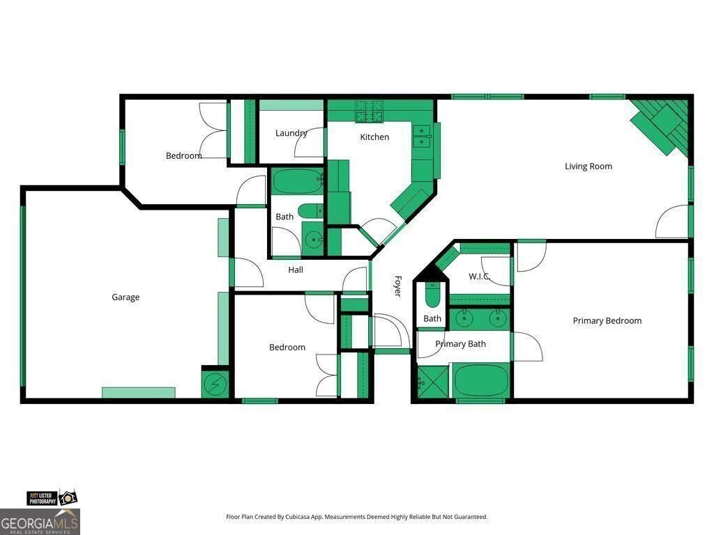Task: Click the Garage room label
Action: (x=126, y=297)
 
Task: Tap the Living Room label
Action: (x=588, y=166)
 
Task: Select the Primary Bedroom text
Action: (x=607, y=320)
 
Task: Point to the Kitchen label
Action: (x=374, y=137)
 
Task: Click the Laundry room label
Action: (x=291, y=133)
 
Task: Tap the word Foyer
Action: (x=397, y=286)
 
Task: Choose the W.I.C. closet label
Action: (x=479, y=276)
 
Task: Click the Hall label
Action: (x=296, y=270)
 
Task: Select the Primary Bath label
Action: (x=460, y=344)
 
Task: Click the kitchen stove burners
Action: (x=369, y=111)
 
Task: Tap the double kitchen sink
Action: (x=422, y=137)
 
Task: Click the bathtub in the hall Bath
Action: (x=297, y=181)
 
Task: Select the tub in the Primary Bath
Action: (x=481, y=380)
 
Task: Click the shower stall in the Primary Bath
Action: (x=432, y=381)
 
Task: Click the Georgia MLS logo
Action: (x=40, y=522)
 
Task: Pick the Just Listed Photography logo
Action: (x=52, y=498)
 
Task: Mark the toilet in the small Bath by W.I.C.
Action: (x=432, y=295)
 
